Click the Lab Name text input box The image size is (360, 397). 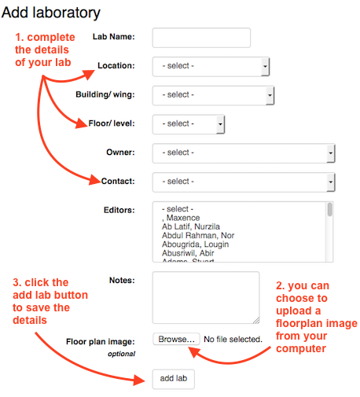point(201,38)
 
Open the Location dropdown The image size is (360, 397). point(211,66)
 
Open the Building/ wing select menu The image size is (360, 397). point(213,95)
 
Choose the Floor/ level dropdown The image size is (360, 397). point(189,123)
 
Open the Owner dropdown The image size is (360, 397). point(244,153)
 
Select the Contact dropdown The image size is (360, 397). point(244,182)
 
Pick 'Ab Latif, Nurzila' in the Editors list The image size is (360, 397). point(190,226)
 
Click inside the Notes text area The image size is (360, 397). point(205,298)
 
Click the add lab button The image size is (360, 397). point(173,379)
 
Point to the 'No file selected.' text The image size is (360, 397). point(233,340)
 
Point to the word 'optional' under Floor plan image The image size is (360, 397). point(119,355)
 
